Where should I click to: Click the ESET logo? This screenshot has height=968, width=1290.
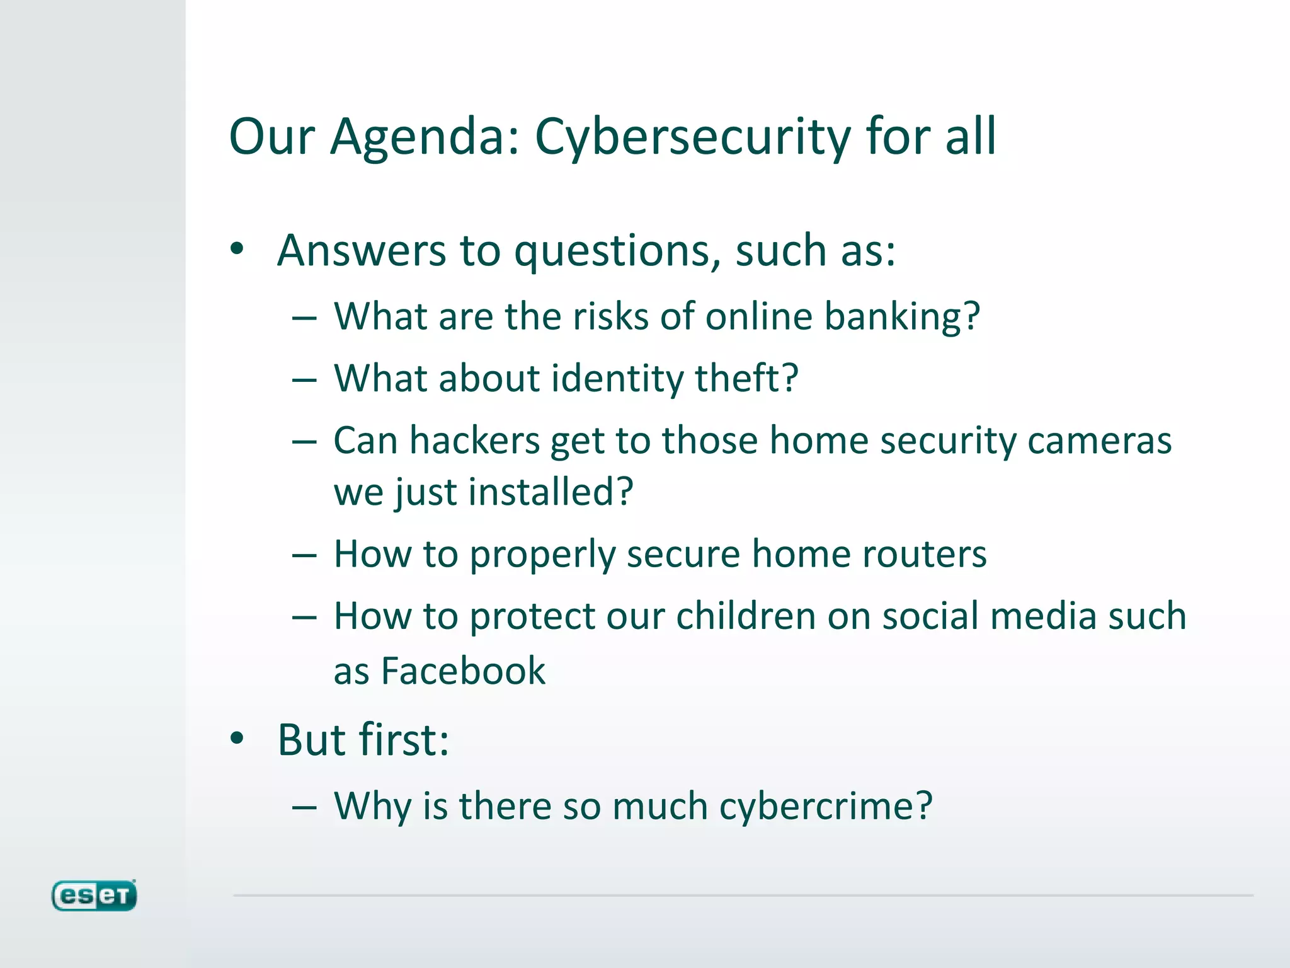[94, 896]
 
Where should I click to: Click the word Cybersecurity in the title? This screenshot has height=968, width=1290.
[692, 137]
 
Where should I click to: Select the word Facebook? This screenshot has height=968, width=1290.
[463, 671]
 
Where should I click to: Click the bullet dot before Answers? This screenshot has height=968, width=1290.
[237, 250]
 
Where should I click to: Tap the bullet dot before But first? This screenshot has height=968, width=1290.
[237, 739]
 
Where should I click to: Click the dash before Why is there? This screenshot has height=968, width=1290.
[304, 809]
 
